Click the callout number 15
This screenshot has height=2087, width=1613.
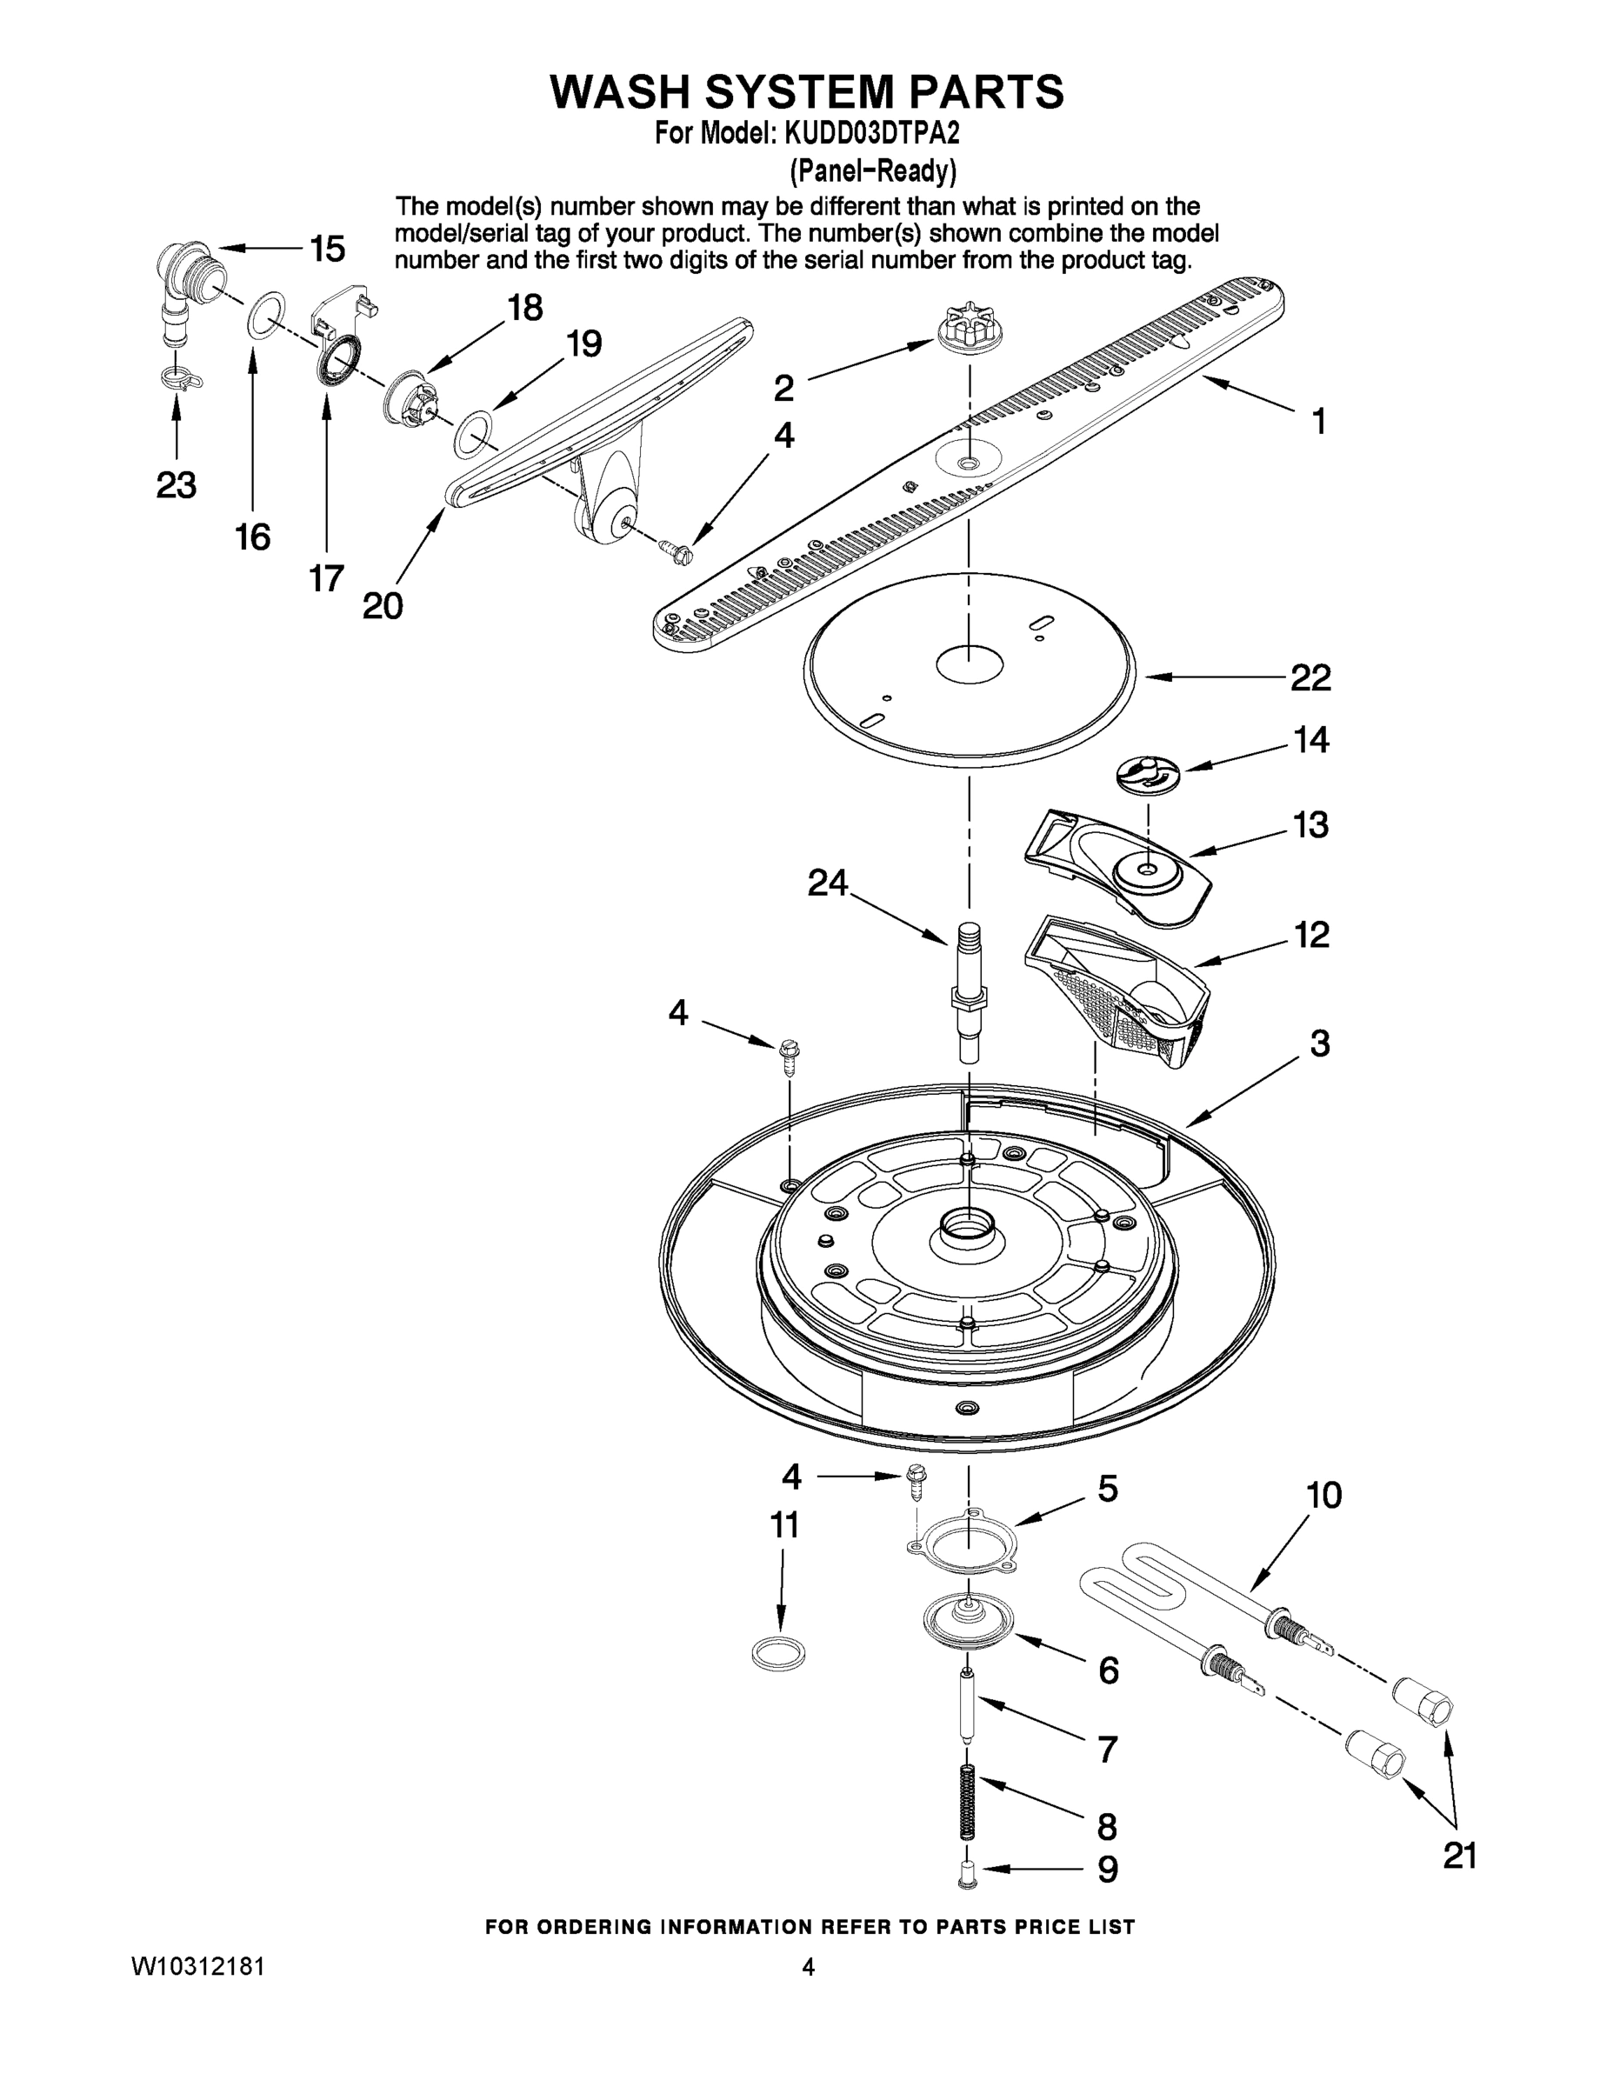tap(327, 250)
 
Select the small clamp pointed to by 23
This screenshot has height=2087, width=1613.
tap(179, 377)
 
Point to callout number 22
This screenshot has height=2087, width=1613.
tap(1310, 677)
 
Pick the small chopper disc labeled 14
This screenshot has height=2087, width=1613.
tap(1148, 772)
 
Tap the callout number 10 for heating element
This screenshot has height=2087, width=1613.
tap(1323, 1496)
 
